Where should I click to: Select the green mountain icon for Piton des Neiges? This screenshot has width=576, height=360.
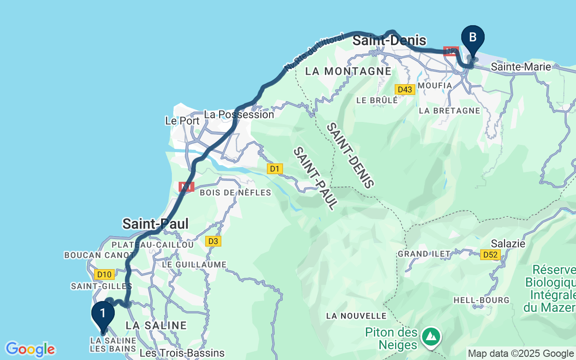pyautogui.click(x=432, y=336)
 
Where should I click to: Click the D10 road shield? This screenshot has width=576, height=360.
pyautogui.click(x=104, y=274)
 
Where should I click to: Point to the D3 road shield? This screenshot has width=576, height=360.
pyautogui.click(x=213, y=242)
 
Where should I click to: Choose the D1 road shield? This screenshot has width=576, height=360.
pyautogui.click(x=274, y=169)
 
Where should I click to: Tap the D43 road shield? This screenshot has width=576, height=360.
pyautogui.click(x=405, y=90)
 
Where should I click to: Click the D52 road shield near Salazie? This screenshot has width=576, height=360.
pyautogui.click(x=490, y=255)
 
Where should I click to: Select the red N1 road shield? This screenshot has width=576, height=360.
pyautogui.click(x=186, y=187)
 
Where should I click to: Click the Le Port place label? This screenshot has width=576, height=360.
pyautogui.click(x=182, y=121)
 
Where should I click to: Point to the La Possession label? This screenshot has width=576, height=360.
pyautogui.click(x=239, y=114)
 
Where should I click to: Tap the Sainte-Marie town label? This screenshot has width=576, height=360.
pyautogui.click(x=521, y=67)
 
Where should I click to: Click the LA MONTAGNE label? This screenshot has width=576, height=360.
pyautogui.click(x=348, y=71)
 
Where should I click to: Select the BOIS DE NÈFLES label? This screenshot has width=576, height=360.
pyautogui.click(x=235, y=193)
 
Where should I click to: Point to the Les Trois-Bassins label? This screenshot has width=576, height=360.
pyautogui.click(x=182, y=353)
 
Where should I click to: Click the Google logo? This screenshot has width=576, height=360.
pyautogui.click(x=30, y=349)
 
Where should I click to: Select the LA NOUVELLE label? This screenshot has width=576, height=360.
pyautogui.click(x=356, y=316)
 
